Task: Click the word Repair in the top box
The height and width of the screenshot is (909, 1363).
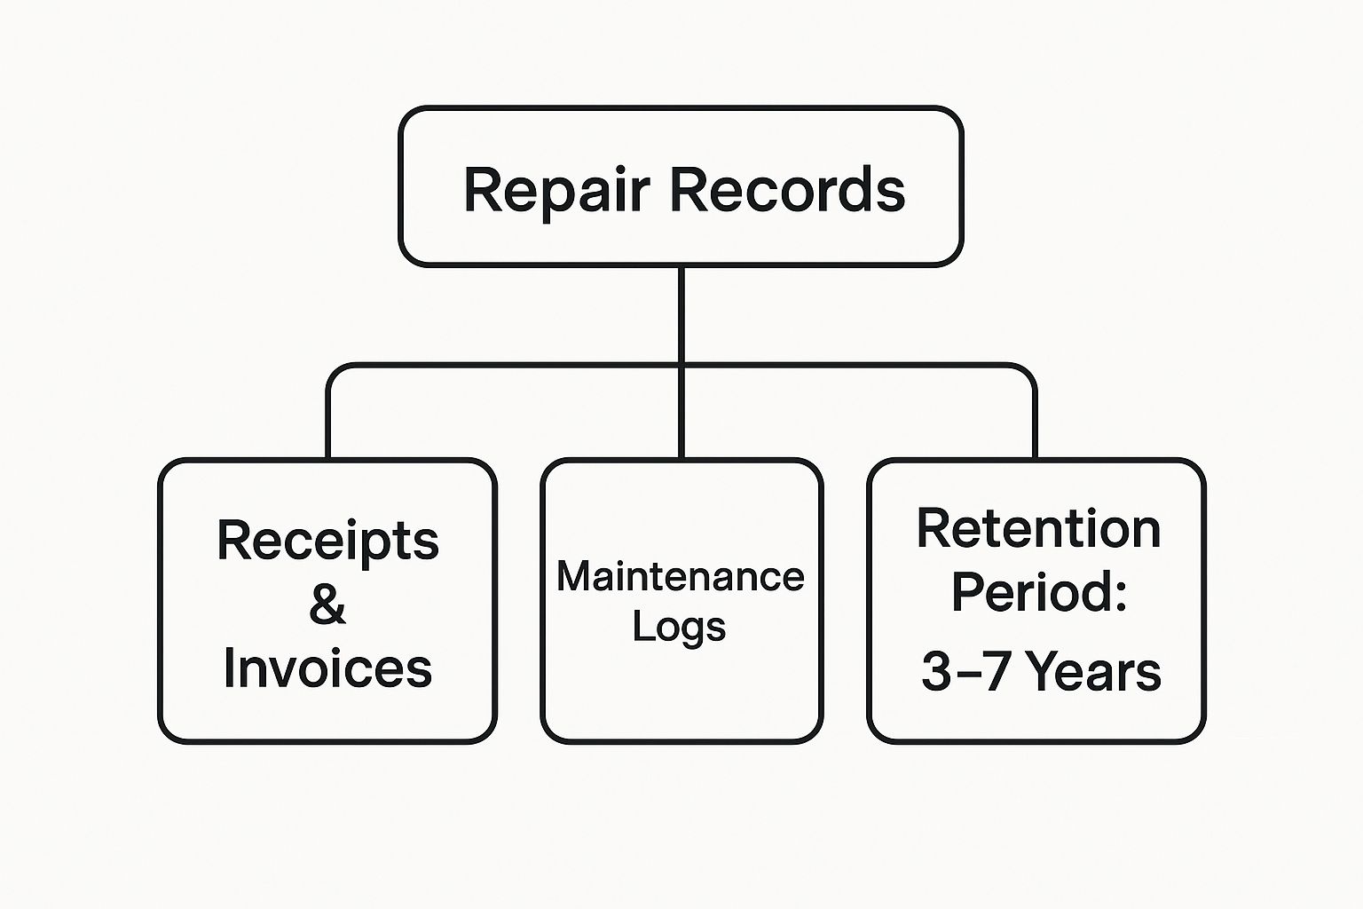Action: [556, 190]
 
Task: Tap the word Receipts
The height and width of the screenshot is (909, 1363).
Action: [328, 541]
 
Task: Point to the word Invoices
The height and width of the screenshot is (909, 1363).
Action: [328, 668]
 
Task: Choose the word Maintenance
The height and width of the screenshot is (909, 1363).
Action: [681, 576]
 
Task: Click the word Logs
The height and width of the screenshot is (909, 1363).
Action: [679, 627]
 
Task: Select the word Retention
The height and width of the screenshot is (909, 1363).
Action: [1039, 528]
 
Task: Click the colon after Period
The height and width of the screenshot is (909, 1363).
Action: [1120, 597]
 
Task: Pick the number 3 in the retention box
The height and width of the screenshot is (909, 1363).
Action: [936, 672]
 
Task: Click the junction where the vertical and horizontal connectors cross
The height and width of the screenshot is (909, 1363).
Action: [681, 366]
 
